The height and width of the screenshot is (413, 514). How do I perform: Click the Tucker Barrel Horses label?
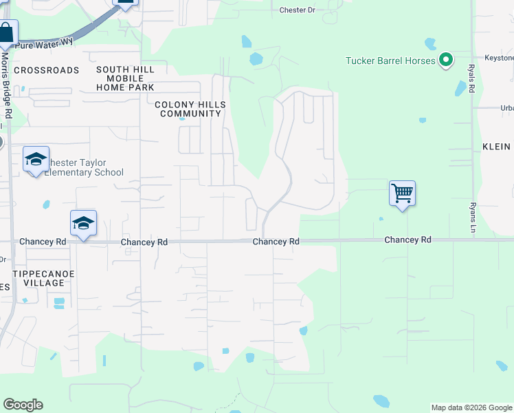coord(390,61)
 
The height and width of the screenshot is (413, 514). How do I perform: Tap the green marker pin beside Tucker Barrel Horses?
coord(446,61)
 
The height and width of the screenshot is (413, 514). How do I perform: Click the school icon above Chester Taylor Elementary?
coord(36,160)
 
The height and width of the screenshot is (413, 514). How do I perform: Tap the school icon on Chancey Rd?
coord(83,223)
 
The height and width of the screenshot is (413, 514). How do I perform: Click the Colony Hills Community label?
coord(190,109)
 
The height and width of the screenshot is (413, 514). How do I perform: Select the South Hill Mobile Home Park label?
coord(125,78)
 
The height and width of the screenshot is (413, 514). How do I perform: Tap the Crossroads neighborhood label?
coord(47,70)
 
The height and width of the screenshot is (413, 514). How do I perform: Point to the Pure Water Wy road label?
coord(44,43)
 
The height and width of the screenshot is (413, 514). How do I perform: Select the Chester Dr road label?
coord(297,10)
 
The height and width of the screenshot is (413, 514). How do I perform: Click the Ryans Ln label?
coord(472,217)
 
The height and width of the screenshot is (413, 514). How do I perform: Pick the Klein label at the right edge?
coord(496,147)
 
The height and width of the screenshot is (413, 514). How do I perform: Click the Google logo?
coord(23,405)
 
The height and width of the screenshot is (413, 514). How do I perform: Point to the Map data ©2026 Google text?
coord(471,407)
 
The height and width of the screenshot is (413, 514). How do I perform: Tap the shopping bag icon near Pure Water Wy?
coord(6,32)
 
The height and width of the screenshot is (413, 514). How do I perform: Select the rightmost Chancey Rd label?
coord(407,240)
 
